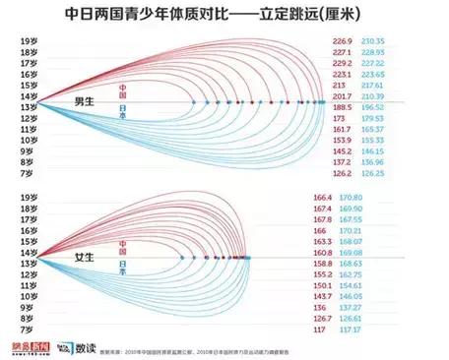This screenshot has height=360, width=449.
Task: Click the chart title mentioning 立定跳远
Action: pyautogui.click(x=224, y=18)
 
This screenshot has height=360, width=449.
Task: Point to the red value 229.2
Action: pyautogui.click(x=344, y=63)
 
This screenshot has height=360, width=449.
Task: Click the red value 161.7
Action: pyautogui.click(x=344, y=129)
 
